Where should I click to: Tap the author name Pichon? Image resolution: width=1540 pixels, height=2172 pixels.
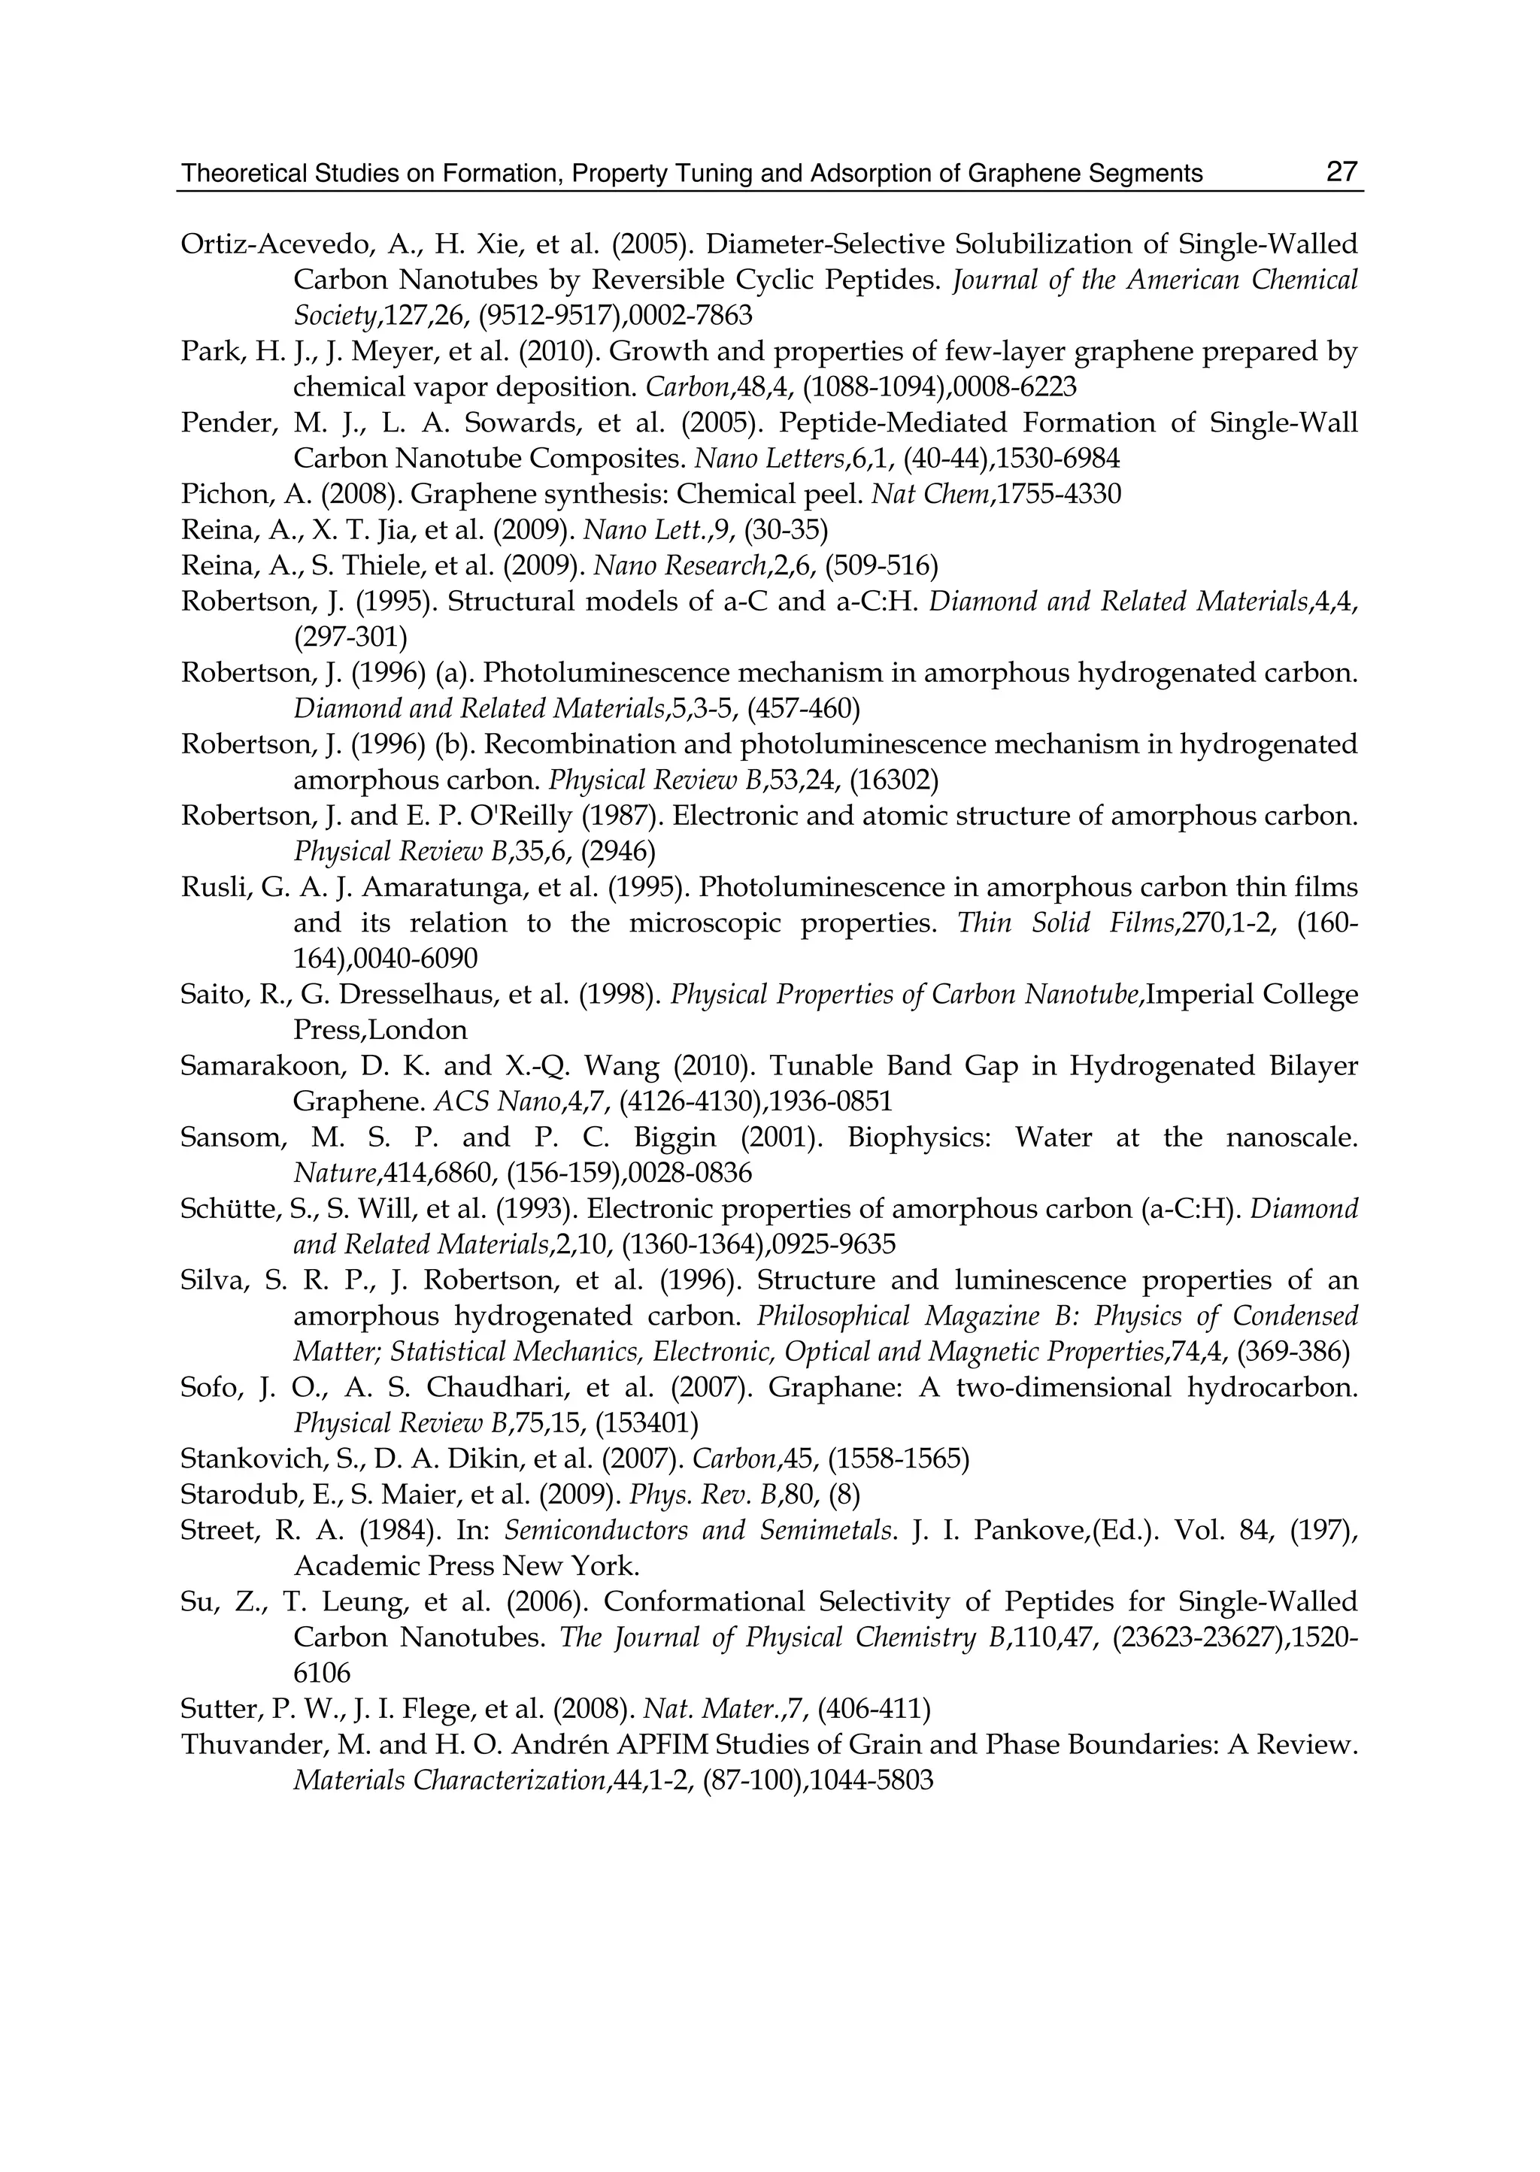217,494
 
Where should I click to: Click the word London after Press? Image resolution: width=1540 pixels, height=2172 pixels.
422,1031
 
